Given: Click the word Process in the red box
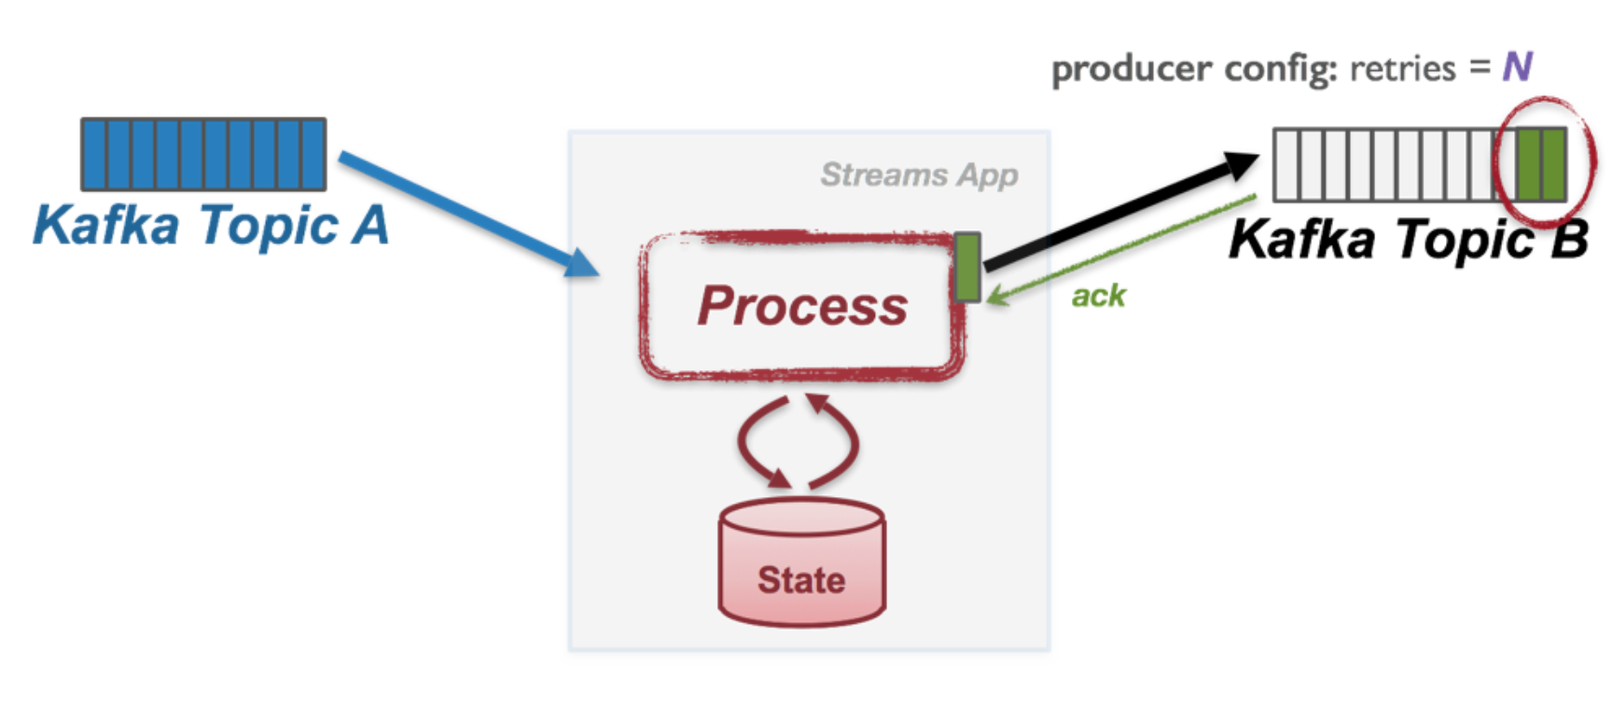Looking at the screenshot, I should [802, 306].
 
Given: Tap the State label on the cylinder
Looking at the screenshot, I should [801, 580].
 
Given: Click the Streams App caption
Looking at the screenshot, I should [919, 174].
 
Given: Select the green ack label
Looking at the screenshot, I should [1098, 297].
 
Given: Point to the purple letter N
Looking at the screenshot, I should [1517, 67].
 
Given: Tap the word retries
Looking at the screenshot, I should [1402, 69].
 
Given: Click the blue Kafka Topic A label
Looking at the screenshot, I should [211, 226].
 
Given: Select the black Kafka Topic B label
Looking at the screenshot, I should [1408, 239].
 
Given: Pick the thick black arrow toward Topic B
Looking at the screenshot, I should [1119, 211].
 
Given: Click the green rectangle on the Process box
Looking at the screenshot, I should [967, 267].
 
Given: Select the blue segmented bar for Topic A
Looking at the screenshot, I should [203, 154].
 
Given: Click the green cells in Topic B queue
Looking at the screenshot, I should [1540, 165].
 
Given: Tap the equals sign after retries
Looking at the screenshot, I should [1480, 68].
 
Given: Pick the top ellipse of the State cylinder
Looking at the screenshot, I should [801, 516].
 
